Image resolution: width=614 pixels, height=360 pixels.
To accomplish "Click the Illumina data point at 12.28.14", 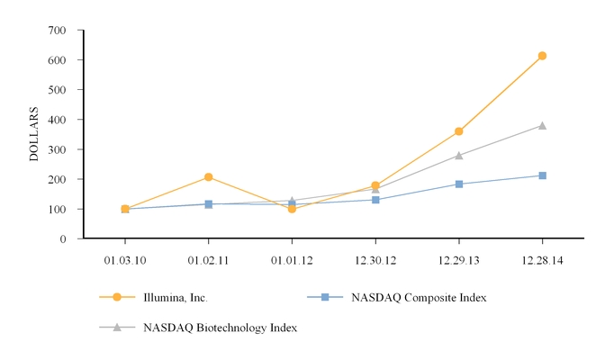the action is (542, 56).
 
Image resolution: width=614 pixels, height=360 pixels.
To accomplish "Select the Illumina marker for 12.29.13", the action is (459, 131).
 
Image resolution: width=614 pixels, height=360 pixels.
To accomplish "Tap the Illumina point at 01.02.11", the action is (208, 177).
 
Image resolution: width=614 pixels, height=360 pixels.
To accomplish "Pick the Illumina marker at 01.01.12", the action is (292, 209).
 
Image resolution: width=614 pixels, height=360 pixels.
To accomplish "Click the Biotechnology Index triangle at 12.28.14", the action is (542, 126).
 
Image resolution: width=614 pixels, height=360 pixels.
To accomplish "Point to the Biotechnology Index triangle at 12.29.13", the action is (459, 156).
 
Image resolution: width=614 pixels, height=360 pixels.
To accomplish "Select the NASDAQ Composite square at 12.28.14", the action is (542, 175).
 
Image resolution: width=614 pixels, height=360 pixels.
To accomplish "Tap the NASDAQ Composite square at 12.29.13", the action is (459, 184).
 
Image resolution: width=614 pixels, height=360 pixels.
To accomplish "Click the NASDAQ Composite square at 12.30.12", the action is (375, 200).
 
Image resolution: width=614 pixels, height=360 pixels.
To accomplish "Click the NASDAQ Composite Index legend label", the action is (419, 298).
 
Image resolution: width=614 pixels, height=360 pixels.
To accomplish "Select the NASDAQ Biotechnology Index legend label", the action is (220, 328).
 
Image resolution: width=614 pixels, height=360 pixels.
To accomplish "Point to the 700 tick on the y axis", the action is (58, 30).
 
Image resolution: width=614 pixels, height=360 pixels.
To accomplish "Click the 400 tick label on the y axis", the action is (58, 120).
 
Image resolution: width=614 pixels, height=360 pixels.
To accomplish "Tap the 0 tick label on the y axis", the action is (63, 238).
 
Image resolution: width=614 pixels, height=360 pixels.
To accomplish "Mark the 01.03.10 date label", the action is (125, 260).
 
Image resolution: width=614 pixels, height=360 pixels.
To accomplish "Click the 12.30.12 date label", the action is (375, 260).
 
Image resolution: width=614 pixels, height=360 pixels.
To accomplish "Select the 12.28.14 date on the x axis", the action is (542, 260).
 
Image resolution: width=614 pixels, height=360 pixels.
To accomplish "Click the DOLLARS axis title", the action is (34, 134).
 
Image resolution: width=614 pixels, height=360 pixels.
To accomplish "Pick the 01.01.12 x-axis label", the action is (292, 260).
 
